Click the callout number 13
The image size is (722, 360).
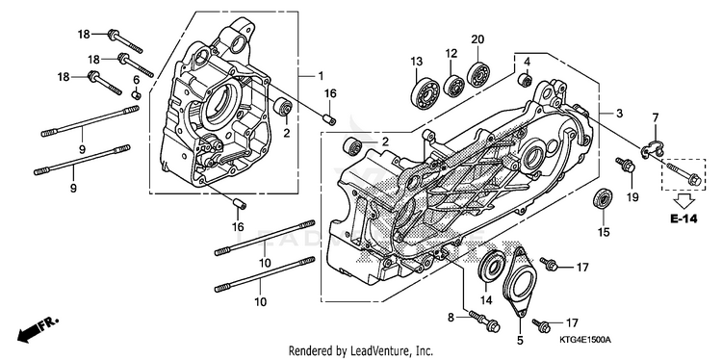tap(416, 62)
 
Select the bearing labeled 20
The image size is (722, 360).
tap(478, 73)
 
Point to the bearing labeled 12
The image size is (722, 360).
tap(454, 85)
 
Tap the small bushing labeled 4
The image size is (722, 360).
tap(526, 79)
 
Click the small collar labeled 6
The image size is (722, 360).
tap(137, 95)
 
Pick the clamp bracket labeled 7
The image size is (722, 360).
tap(652, 147)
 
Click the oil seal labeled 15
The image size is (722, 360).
tap(602, 199)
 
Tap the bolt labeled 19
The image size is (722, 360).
tap(626, 166)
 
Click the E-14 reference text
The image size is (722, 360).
tap(683, 219)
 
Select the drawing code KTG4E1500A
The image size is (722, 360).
tap(584, 340)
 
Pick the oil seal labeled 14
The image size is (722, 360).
tap(493, 266)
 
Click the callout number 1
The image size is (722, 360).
tap(321, 75)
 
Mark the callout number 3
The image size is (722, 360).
tap(619, 113)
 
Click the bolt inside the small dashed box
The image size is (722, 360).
tap(683, 173)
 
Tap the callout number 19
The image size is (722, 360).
tap(632, 197)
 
